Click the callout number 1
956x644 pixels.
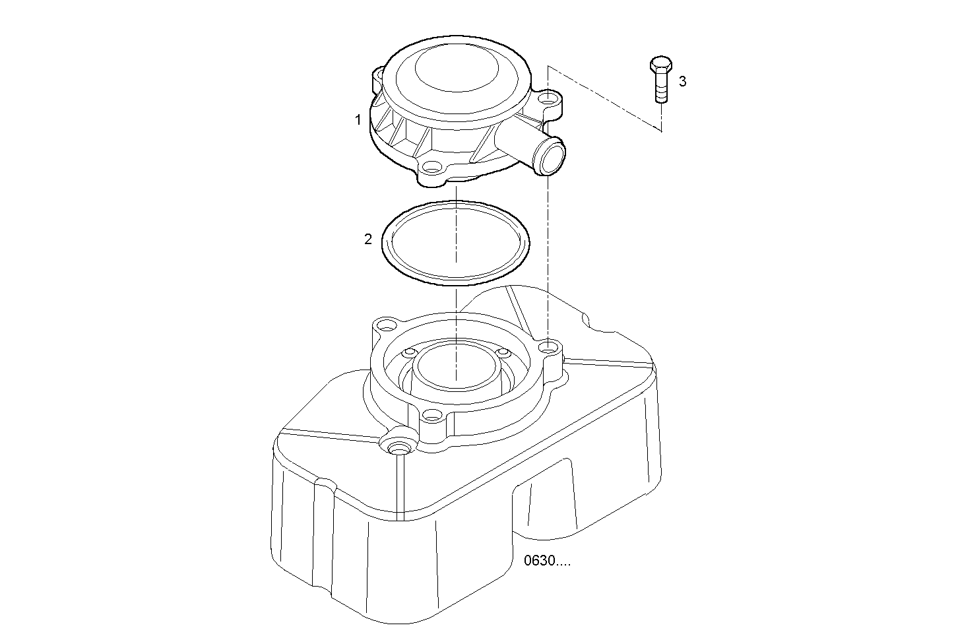pos(358,120)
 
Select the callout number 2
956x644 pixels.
pos(368,240)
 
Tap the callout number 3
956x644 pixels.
pos(683,81)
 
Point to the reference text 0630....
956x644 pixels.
pos(546,562)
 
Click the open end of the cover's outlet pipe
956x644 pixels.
pos(552,157)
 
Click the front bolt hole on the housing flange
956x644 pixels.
pos(431,416)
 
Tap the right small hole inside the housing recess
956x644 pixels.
pos(501,352)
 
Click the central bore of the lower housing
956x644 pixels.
pos(455,366)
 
